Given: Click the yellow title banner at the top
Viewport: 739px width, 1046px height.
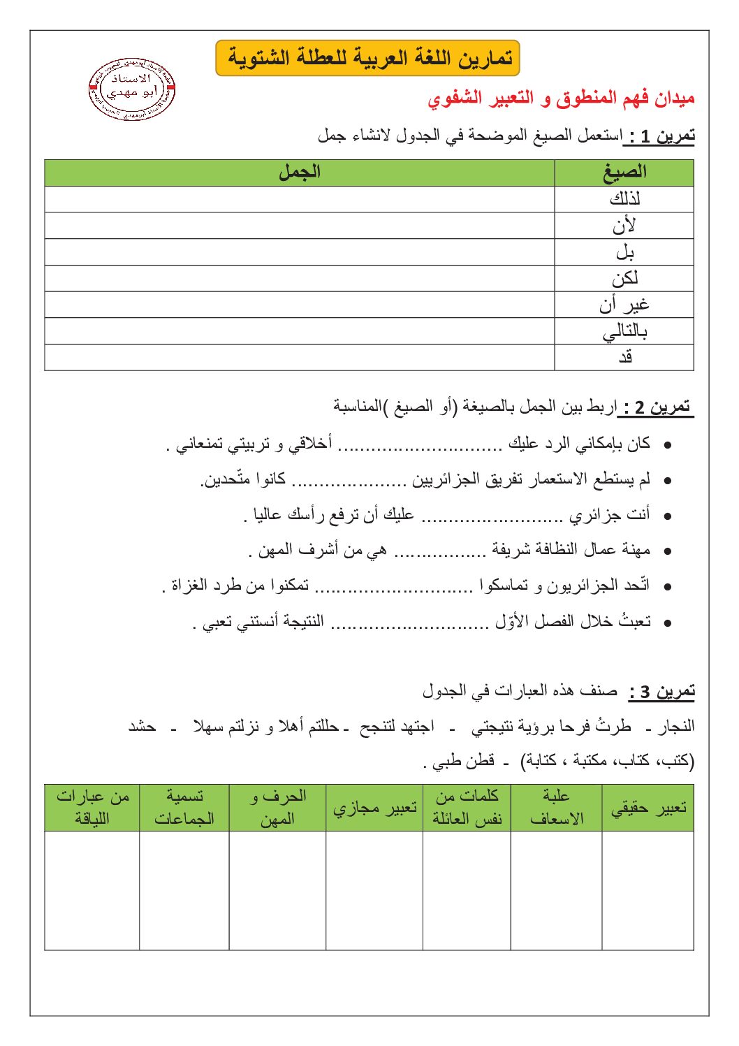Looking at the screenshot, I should coord(368,58).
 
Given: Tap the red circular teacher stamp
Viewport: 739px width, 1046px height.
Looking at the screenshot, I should coord(132,89).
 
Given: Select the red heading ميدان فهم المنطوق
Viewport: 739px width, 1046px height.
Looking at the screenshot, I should coord(561,99).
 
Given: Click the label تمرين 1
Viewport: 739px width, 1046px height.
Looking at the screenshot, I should coord(659,136).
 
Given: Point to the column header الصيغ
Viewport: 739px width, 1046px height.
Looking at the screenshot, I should coord(624,173).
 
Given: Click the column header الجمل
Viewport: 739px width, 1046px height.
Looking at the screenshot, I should coord(300,173).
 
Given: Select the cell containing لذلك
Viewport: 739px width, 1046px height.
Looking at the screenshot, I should coord(624,199).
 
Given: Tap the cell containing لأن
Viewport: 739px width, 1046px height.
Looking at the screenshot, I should coord(624,226).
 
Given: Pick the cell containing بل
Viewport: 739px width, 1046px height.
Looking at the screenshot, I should coord(624,252).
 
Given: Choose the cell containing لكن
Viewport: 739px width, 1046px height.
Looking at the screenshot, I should coord(624,279).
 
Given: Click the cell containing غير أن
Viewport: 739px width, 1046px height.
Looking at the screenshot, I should coord(624,305).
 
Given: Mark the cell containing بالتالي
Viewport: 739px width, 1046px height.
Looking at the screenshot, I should coord(624,332).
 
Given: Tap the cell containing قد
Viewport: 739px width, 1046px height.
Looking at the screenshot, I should coord(624,357).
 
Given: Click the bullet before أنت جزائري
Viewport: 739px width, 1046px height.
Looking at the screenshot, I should coord(668,516).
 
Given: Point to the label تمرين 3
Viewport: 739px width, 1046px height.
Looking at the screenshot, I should coord(661,692).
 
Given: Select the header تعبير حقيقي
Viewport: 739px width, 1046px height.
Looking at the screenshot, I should coord(648,808).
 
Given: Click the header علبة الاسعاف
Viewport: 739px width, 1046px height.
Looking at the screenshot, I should coord(556,808).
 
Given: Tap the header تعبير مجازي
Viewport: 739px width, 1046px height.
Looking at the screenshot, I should coord(374,808).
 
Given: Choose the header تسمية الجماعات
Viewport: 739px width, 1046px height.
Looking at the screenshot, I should coord(184,808).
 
